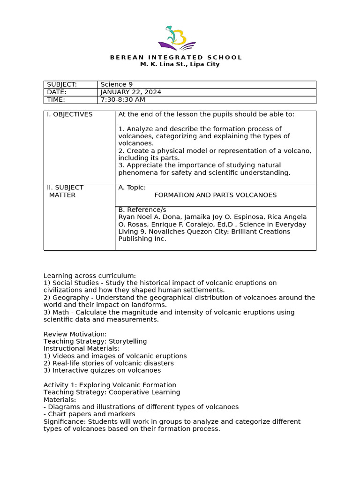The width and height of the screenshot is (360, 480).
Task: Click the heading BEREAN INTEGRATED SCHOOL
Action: pyautogui.click(x=176, y=57)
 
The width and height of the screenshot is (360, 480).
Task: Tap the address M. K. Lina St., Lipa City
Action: pyautogui.click(x=180, y=64)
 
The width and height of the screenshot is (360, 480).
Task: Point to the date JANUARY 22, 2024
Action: pyautogui.click(x=131, y=92)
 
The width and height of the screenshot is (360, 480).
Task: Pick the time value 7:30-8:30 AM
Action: pyautogui.click(x=123, y=99)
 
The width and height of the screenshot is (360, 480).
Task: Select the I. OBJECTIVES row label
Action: pyautogui.click(x=70, y=114)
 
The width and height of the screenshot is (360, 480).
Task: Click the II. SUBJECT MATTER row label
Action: pyautogui.click(x=65, y=191)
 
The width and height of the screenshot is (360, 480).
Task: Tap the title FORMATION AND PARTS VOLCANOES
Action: pyautogui.click(x=216, y=195)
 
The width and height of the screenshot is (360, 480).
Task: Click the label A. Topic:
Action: pyautogui.click(x=132, y=187)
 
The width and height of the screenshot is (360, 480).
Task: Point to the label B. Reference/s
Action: pyautogui.click(x=142, y=210)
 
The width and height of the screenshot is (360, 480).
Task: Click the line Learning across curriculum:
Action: pyautogui.click(x=90, y=276)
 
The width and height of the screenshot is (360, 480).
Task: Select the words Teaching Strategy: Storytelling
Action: pyautogui.click(x=95, y=341)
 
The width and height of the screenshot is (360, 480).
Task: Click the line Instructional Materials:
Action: pyautogui.click(x=82, y=348)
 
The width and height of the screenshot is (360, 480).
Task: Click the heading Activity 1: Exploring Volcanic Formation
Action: pyautogui.click(x=110, y=385)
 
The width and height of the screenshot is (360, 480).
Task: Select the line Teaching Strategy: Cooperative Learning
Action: pyautogui.click(x=112, y=392)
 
